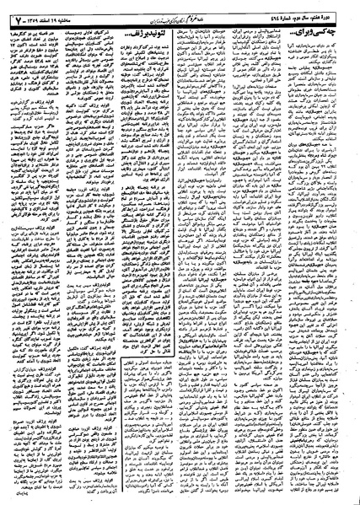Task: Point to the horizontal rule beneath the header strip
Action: pyautogui.click(x=180, y=24)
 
